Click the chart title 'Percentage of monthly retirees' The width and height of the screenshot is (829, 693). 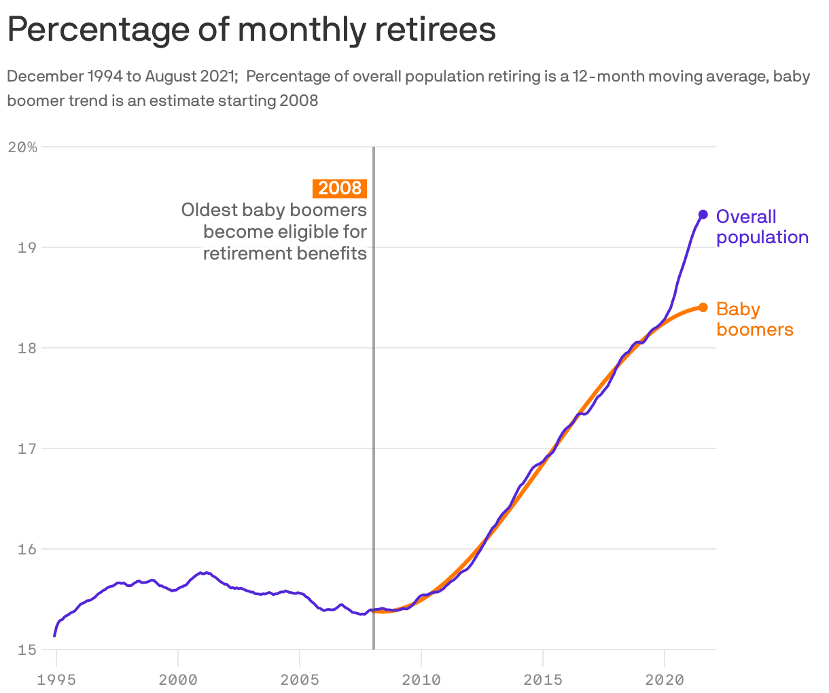pos(251,30)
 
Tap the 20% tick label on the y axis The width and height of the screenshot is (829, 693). pos(22,147)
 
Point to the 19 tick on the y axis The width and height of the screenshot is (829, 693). pos(26,247)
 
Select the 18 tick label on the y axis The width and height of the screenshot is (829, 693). pos(26,348)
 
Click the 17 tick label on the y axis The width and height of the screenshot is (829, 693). pos(26,448)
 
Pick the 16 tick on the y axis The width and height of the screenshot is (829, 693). pos(26,549)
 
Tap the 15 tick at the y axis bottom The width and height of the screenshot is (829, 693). pos(26,650)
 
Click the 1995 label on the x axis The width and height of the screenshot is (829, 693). pos(56,679)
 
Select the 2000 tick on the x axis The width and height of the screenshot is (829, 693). pos(178,679)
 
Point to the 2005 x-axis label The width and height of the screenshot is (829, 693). pos(300,679)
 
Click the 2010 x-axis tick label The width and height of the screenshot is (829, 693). pos(421,679)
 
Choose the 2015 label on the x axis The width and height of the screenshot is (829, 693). pos(543,679)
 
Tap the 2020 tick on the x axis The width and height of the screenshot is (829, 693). pos(665,679)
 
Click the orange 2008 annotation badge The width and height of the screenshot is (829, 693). pos(339,188)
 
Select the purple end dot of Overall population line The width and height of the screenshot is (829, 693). pos(703,215)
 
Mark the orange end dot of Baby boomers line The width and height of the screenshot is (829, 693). pos(703,307)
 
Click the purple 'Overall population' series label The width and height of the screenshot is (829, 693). pos(762,227)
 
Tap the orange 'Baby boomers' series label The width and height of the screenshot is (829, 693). pos(754,319)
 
